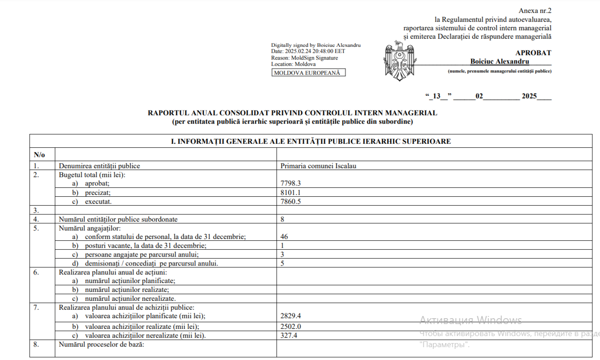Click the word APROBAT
pos(533,53)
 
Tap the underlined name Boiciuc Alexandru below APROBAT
pos(499,62)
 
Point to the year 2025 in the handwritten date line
pos(530,96)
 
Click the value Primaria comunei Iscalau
pos(318,166)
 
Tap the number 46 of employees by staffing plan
pos(284,237)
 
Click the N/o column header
pos(39,155)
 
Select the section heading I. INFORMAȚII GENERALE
pos(311,142)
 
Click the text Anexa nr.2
pos(535,11)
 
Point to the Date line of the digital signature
pos(308,51)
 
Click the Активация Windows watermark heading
pos(470,320)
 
